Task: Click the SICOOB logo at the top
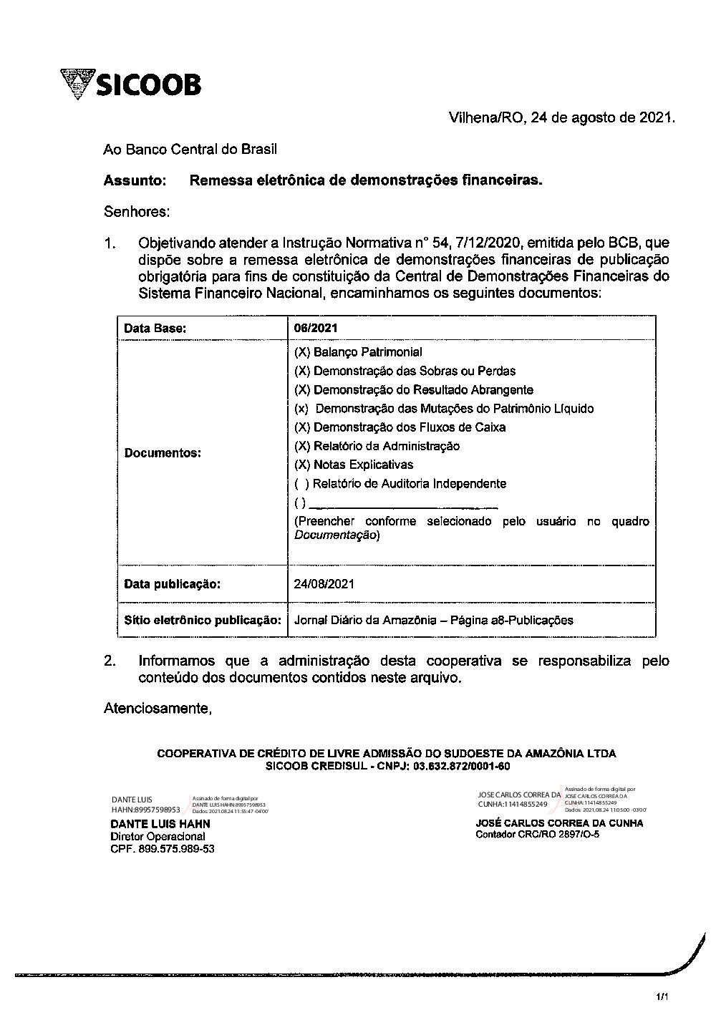[131, 84]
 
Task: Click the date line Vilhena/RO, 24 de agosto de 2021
[561, 117]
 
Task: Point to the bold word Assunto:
[135, 181]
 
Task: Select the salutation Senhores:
[137, 212]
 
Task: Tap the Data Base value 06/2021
[316, 329]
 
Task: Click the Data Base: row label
[155, 329]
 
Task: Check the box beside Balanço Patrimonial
[302, 352]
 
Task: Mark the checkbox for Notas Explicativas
[302, 465]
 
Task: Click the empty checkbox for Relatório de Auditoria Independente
[301, 484]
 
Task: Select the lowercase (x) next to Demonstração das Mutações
[301, 409]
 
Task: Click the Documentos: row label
[163, 453]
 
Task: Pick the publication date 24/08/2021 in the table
[324, 584]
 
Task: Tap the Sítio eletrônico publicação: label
[201, 620]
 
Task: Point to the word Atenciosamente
[158, 709]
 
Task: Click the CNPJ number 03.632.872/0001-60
[462, 766]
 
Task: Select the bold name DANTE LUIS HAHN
[160, 825]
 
